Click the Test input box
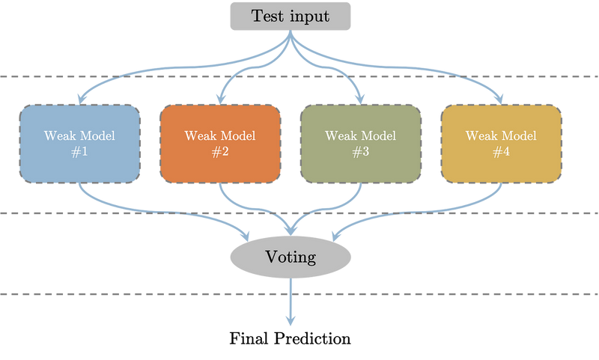(x=291, y=16)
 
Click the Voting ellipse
(x=291, y=257)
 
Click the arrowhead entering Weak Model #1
(x=79, y=97)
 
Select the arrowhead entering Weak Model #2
(x=217, y=97)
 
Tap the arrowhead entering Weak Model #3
(x=363, y=97)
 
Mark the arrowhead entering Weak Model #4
(x=501, y=97)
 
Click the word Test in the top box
(x=268, y=16)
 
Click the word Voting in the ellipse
(x=291, y=257)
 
